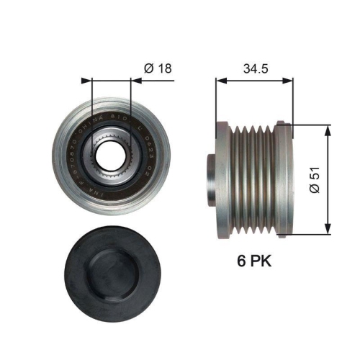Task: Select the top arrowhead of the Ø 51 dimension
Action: coord(328,127)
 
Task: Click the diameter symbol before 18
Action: coord(148,68)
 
